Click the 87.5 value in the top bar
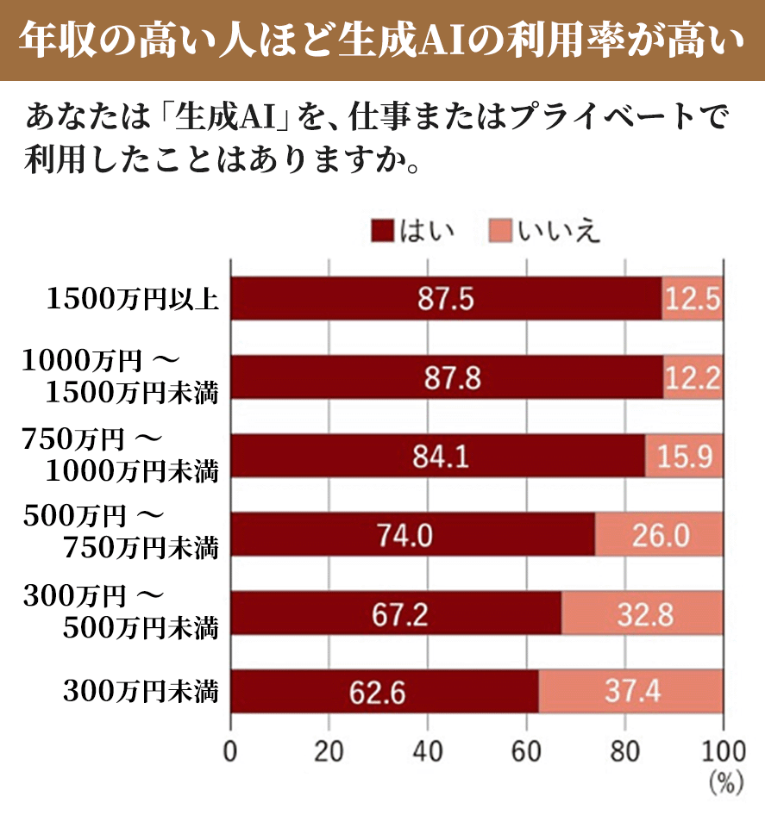pos(446,299)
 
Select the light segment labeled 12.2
pos(693,377)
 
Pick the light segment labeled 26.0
pos(659,535)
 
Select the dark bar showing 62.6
pos(385,692)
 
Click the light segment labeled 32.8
pos(643,613)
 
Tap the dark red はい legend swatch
pos(382,231)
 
